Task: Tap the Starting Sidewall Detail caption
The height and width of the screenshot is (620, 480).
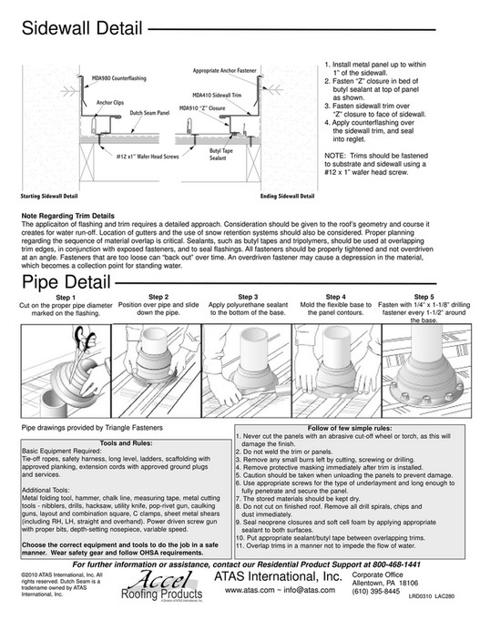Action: pyautogui.click(x=56, y=196)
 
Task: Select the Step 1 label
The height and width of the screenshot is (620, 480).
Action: pyautogui.click(x=65, y=297)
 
